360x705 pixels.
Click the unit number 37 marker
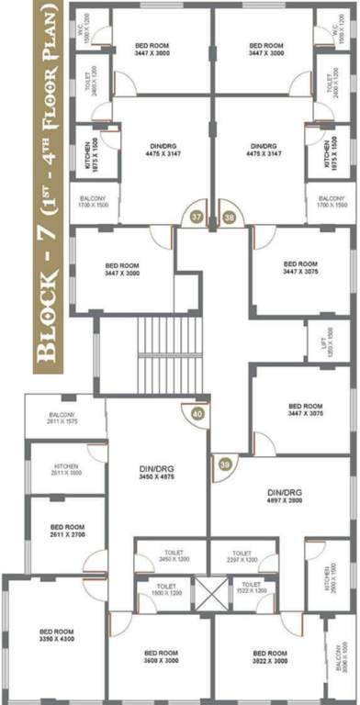pos(196,218)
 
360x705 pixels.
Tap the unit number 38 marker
pos(230,218)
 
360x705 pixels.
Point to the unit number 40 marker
pos(197,413)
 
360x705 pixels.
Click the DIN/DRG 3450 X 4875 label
pos(157,474)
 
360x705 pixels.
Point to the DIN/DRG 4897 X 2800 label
pos(286,497)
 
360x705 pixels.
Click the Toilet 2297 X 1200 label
pos(242,555)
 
